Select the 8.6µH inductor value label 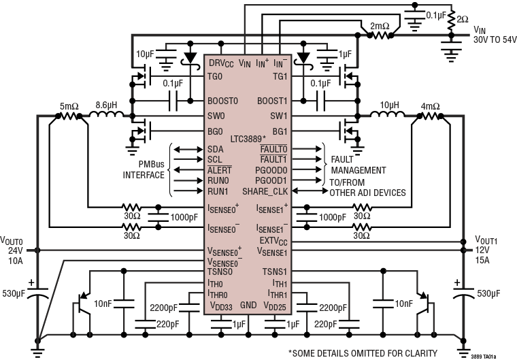(x=107, y=105)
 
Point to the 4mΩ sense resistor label (x=430, y=106)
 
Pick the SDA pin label (x=215, y=149)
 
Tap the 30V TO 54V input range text (x=494, y=39)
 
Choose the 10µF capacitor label (x=146, y=54)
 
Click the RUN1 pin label (x=217, y=193)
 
